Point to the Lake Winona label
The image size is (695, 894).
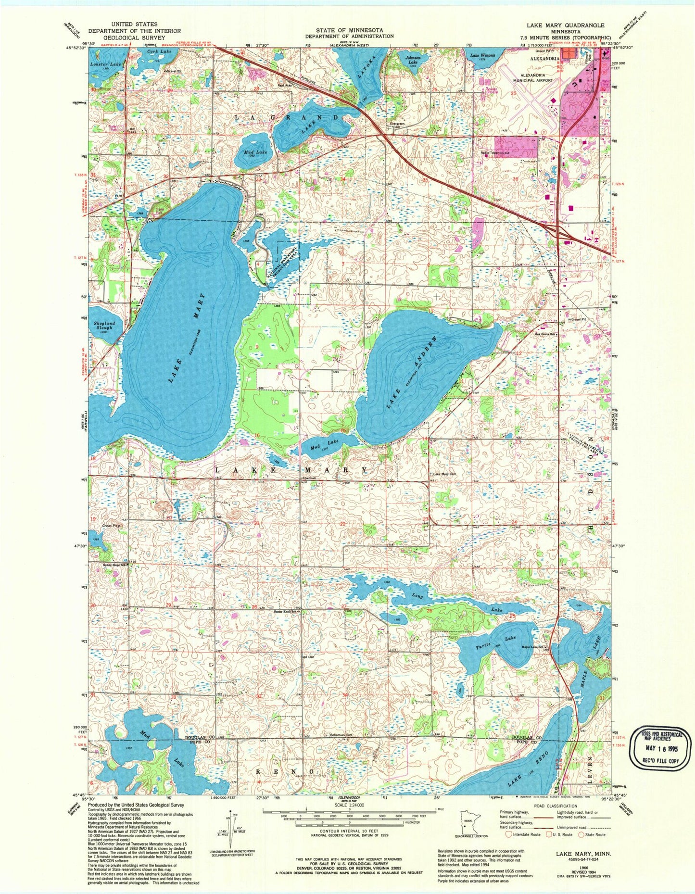click(x=482, y=55)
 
